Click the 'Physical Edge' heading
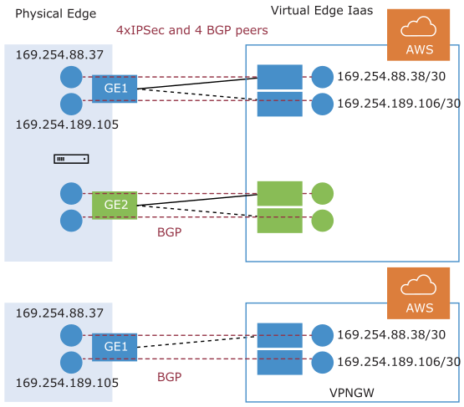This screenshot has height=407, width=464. click(56, 13)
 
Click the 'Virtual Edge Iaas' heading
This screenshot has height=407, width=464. click(322, 11)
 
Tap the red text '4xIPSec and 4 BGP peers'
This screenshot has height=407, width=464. click(192, 30)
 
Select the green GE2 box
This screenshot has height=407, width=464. click(115, 206)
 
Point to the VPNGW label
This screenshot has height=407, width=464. click(351, 393)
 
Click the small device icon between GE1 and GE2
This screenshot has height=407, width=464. click(71, 159)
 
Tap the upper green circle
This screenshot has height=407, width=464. click(323, 193)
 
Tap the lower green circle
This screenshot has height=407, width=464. click(323, 221)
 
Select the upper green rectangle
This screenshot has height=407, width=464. click(279, 193)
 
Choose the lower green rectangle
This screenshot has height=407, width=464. click(279, 221)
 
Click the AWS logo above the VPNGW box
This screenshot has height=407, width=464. click(418, 293)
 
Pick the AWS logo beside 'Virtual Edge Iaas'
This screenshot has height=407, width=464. click(418, 35)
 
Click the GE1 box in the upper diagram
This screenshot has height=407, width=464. click(115, 89)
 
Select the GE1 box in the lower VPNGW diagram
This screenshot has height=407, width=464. click(115, 348)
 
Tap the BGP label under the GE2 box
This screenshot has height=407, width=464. click(169, 232)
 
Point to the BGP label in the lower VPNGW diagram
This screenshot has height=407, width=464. click(169, 377)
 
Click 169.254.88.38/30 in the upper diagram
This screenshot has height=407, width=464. click(391, 76)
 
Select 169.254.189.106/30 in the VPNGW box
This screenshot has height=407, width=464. click(399, 362)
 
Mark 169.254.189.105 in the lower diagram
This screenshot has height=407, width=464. click(67, 383)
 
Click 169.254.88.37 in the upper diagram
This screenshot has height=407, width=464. click(59, 55)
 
